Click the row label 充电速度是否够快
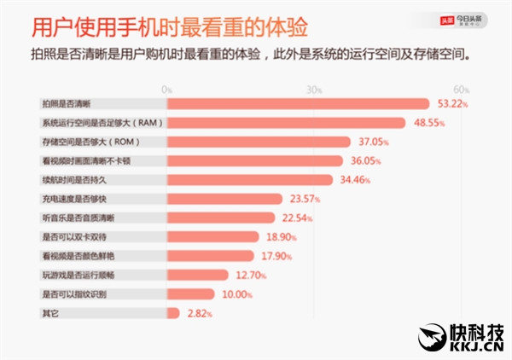point(77,198)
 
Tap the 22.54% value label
point(296,218)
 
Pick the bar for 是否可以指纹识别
point(191,293)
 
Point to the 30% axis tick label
point(314,90)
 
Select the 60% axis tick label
point(462,90)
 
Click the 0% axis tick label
point(166,90)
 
